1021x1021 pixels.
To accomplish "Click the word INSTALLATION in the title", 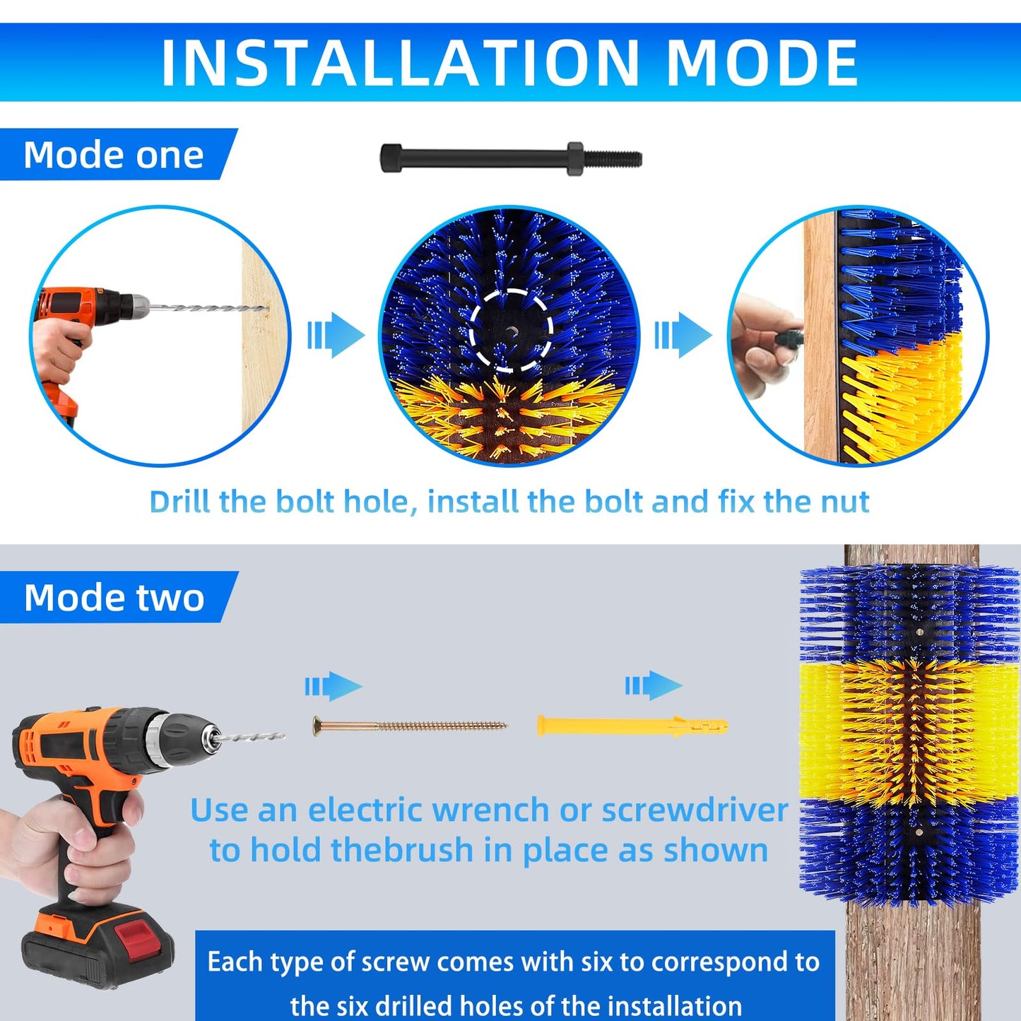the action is (400, 62).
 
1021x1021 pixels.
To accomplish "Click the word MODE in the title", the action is (762, 62).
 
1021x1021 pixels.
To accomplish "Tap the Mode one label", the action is (113, 155).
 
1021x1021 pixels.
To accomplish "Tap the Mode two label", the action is (114, 597).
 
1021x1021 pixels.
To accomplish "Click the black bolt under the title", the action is (511, 158).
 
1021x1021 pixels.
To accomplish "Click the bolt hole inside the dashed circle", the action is (512, 331).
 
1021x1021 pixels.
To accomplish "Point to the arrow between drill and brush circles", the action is (336, 335).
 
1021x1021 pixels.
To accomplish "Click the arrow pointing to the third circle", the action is (683, 335).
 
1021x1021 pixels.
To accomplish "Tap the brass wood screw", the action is (410, 725).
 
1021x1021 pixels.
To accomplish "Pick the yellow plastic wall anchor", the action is (632, 726).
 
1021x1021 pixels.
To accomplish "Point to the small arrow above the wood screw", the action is (334, 686).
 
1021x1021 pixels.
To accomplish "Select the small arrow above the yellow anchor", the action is (654, 685).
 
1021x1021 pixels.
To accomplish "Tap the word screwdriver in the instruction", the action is (695, 810).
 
